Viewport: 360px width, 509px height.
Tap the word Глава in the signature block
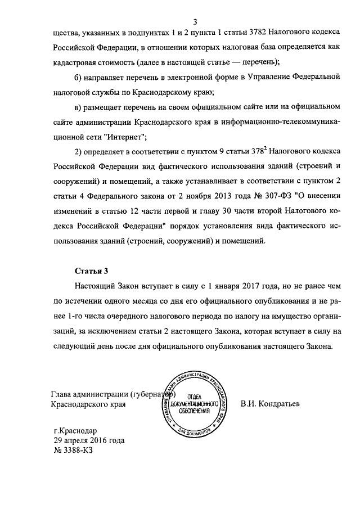coord(61,394)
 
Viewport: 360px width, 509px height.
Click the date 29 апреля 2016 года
coord(85,441)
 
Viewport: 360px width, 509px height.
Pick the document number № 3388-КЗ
coord(71,451)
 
